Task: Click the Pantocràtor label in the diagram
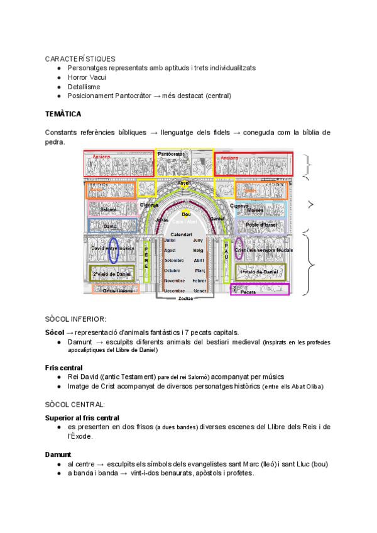point(171,154)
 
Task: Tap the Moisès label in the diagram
point(255,210)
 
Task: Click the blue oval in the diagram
point(114,250)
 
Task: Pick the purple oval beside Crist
point(239,249)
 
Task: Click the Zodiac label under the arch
point(186,299)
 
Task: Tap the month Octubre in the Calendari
point(173,270)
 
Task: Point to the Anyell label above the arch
point(184,183)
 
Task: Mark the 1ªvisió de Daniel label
point(258,271)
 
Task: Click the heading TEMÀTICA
point(63,114)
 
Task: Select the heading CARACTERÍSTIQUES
point(80,58)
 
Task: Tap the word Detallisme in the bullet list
point(84,87)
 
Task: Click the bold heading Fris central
point(63,367)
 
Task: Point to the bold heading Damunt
point(58,454)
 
